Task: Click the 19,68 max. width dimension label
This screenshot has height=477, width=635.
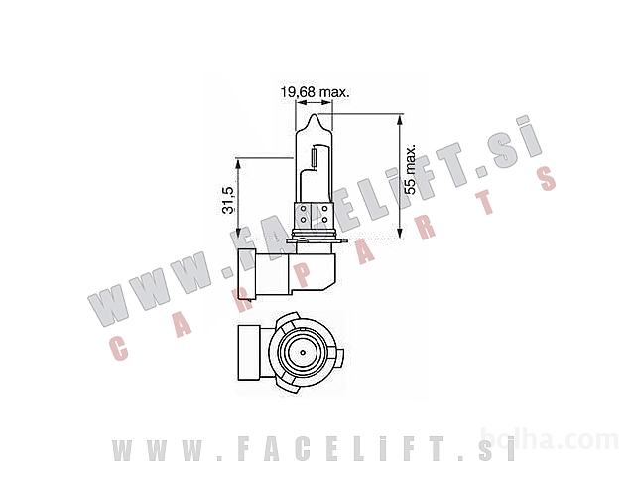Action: (316, 92)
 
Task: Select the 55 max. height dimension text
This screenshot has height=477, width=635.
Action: (410, 169)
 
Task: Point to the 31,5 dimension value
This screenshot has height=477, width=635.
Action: (228, 200)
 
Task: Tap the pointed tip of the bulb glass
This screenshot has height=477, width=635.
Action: (315, 115)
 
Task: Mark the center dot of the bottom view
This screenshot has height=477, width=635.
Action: (302, 352)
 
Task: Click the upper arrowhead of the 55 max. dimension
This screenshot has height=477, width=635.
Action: (400, 120)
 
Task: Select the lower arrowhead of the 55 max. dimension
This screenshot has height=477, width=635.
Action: (400, 233)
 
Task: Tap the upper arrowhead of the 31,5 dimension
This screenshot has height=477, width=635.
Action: (238, 164)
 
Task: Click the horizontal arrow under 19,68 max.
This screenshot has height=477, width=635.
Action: (315, 103)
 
